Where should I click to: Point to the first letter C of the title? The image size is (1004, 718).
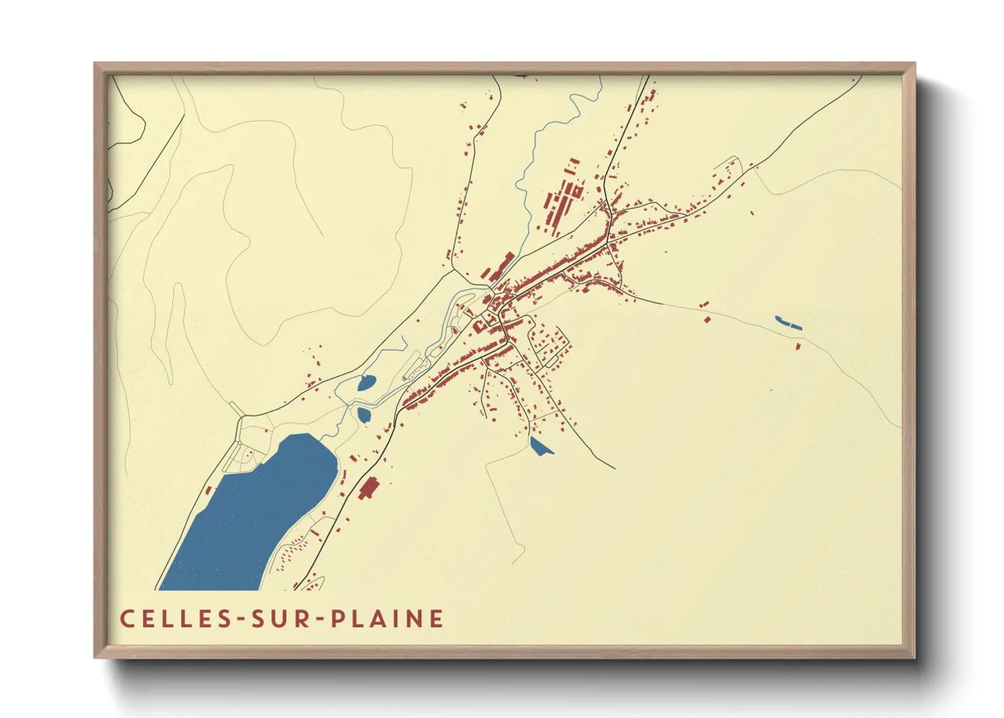(127, 619)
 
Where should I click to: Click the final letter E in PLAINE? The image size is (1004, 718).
(437, 619)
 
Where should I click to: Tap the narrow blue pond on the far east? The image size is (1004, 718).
(788, 323)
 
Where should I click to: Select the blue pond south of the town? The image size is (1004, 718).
(540, 447)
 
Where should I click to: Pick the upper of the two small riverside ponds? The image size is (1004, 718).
(366, 383)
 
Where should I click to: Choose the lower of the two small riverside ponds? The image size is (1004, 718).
(364, 414)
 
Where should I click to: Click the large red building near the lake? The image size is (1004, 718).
(368, 488)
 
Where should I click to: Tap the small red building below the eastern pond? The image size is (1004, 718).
(798, 347)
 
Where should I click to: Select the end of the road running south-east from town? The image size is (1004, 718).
(613, 468)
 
